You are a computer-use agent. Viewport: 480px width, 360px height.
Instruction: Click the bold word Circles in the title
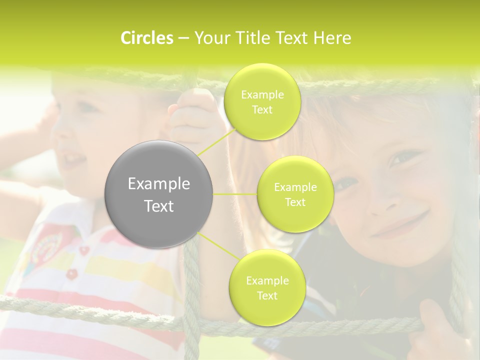coord(146,38)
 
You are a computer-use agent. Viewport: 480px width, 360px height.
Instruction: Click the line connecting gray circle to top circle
coord(216,141)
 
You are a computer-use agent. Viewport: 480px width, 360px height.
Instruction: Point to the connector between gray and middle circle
coord(235,194)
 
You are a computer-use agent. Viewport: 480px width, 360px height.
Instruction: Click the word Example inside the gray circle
coord(159,184)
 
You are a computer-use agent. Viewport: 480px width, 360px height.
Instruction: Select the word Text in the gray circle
coord(159,206)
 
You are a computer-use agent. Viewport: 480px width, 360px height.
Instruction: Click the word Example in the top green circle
coord(262,95)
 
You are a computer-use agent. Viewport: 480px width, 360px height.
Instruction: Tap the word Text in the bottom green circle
coord(267,295)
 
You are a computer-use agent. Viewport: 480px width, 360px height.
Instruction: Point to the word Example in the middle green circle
coord(295,187)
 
